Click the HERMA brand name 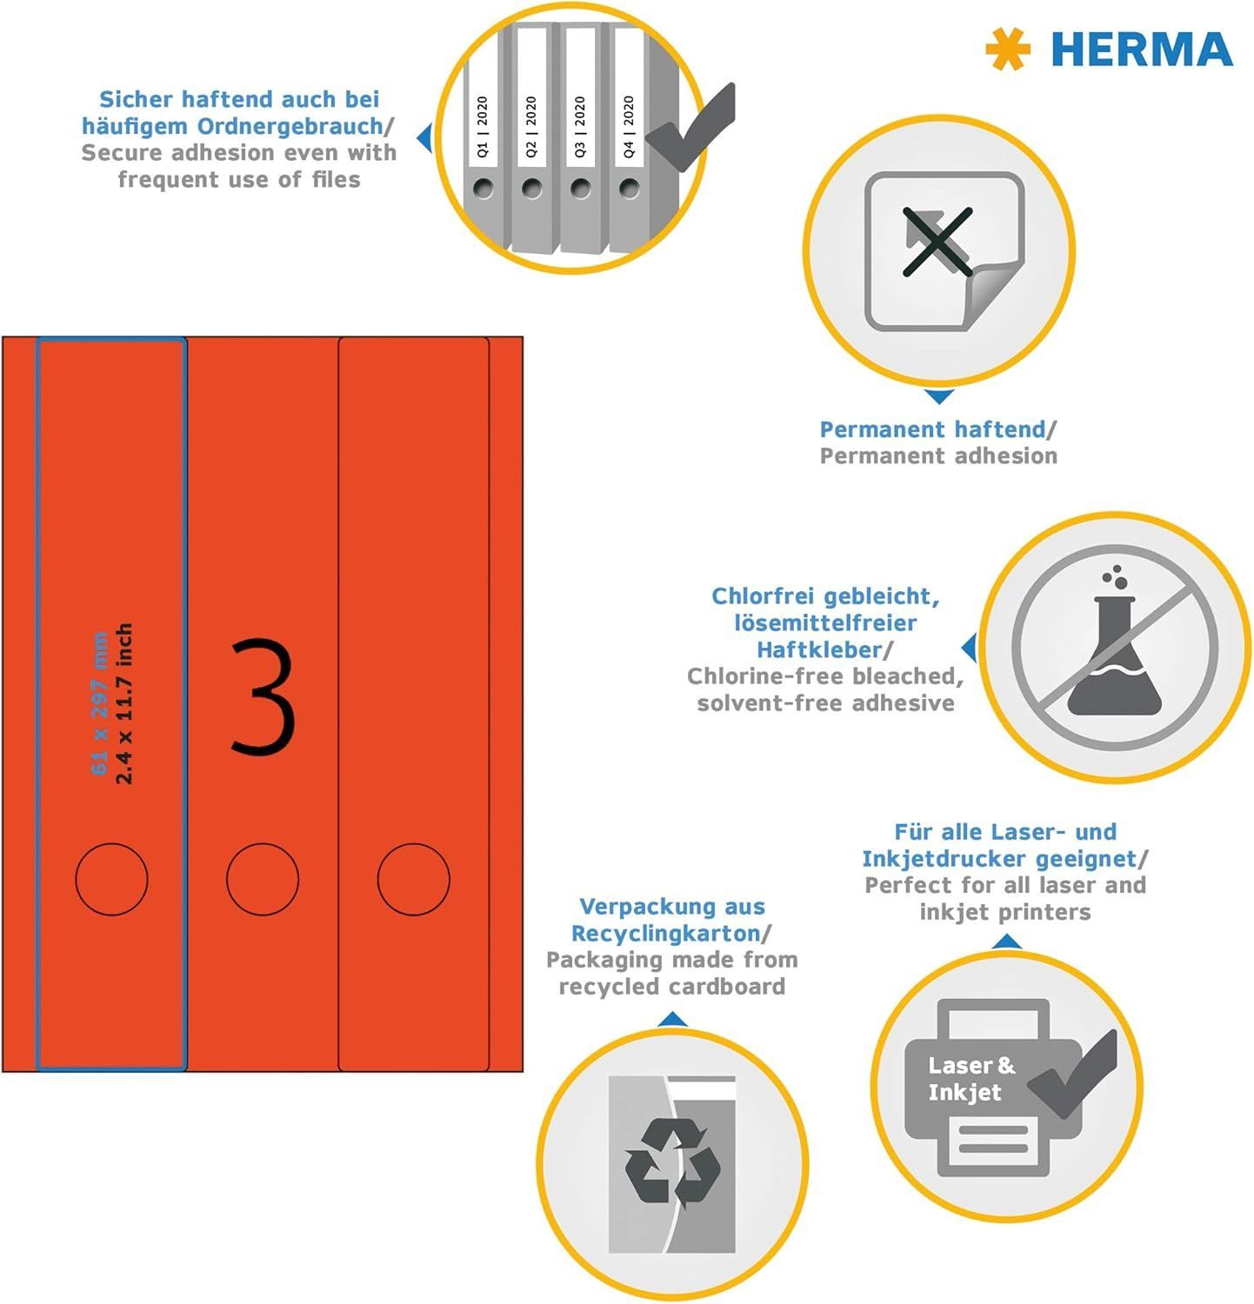[x=1142, y=49]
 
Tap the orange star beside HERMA [x=1008, y=49]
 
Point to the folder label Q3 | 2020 [x=580, y=127]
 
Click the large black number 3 [x=263, y=695]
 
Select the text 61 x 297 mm [x=100, y=705]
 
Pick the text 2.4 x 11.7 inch [x=124, y=703]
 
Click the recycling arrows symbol [x=672, y=1163]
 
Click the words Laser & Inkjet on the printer [x=971, y=1079]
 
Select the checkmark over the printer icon [x=1071, y=1074]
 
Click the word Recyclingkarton [x=665, y=934]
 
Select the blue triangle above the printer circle [x=1006, y=941]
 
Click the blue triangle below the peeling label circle [x=938, y=397]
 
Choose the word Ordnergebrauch [x=290, y=126]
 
